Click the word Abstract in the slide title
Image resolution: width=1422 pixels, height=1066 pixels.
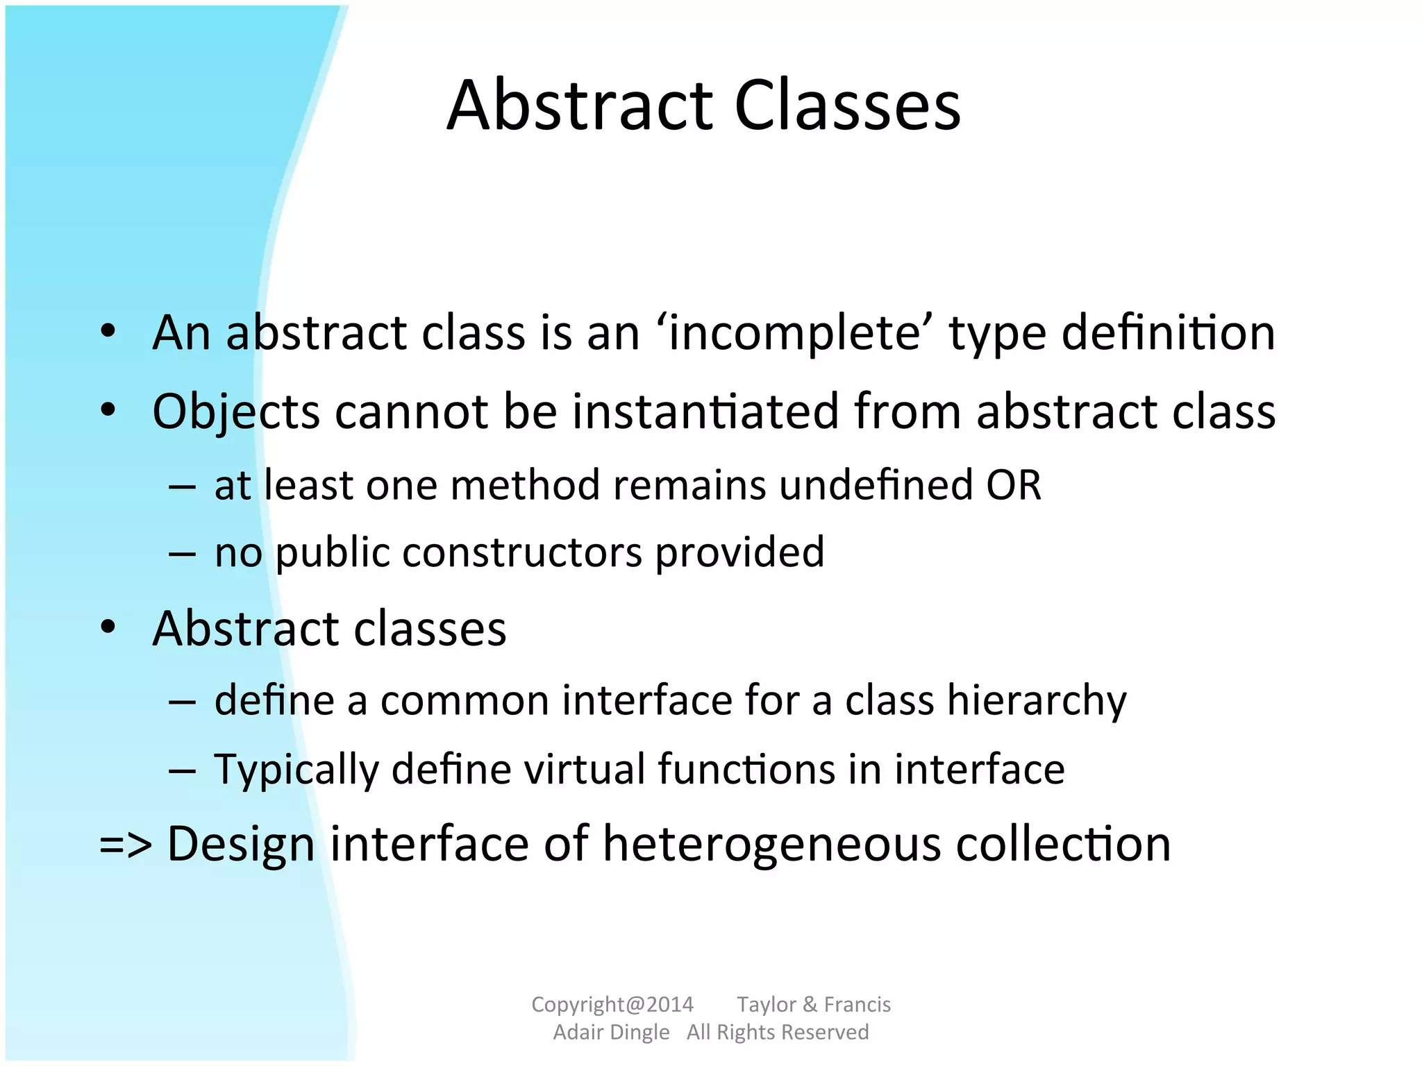click(x=580, y=105)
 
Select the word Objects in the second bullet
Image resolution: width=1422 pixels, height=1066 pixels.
click(x=235, y=412)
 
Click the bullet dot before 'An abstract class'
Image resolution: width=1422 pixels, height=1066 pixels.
click(x=108, y=332)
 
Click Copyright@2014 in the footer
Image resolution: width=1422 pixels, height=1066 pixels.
click(x=612, y=1004)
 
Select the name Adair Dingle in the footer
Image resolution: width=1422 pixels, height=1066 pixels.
click(x=611, y=1032)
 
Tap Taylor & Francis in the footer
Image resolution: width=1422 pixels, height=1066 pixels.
click(x=813, y=1004)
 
